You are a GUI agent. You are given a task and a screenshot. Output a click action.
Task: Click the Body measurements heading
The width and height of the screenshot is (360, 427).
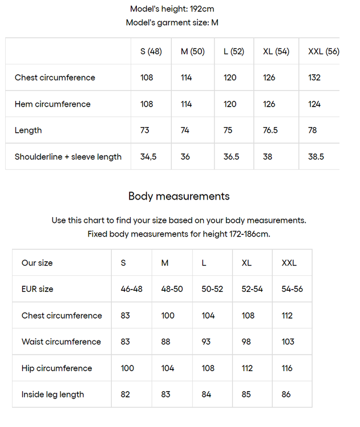(x=179, y=196)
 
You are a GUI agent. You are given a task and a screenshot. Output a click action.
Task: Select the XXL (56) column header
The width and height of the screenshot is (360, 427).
(x=323, y=51)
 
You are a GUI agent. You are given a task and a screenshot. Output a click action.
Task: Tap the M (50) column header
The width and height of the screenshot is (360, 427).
(x=192, y=51)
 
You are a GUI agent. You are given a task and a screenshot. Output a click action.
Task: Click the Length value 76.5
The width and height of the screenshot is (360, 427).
(x=270, y=130)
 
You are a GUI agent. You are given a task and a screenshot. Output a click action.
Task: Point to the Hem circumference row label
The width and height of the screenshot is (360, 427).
(x=52, y=104)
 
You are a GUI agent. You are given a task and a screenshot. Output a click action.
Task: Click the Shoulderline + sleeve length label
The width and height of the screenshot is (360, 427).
(x=68, y=157)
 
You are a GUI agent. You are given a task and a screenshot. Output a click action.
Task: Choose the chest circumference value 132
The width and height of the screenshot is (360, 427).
(x=315, y=78)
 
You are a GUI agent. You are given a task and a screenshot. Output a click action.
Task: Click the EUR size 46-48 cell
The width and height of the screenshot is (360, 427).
(x=132, y=289)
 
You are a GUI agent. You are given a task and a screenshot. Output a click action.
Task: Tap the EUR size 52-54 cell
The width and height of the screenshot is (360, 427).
(x=252, y=289)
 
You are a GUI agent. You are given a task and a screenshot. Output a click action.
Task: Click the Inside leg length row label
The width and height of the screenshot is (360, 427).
(x=52, y=395)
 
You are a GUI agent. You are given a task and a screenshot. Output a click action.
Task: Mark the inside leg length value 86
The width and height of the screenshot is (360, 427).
(x=286, y=395)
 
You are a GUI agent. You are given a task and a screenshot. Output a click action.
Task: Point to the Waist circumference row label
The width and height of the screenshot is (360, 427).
(x=61, y=341)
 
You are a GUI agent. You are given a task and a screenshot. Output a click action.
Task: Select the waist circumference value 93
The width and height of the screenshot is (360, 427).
(x=206, y=341)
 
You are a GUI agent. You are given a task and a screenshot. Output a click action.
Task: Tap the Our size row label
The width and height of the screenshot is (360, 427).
(x=37, y=263)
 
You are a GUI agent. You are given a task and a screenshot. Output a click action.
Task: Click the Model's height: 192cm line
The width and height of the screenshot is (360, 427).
(x=172, y=9)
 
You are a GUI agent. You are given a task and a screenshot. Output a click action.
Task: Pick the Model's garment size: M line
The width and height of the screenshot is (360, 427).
(x=172, y=23)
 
